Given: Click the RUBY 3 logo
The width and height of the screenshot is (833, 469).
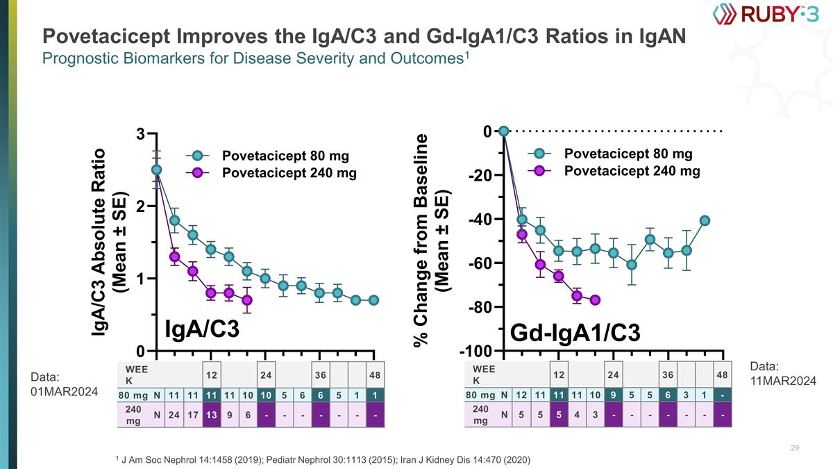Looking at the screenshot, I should (766, 14).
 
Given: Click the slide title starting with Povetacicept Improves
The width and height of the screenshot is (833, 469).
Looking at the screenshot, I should (364, 35).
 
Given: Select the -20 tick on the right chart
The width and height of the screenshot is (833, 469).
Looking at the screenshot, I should (480, 176).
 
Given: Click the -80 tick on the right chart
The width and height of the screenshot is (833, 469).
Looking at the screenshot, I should (480, 307).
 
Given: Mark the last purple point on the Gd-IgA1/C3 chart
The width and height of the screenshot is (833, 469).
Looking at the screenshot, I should (595, 299).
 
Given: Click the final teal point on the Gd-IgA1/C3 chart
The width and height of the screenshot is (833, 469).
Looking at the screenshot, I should (705, 220).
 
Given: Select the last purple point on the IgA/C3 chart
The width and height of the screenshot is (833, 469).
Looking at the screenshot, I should (247, 300).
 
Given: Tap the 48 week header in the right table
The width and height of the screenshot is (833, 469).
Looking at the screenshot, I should (722, 375).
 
